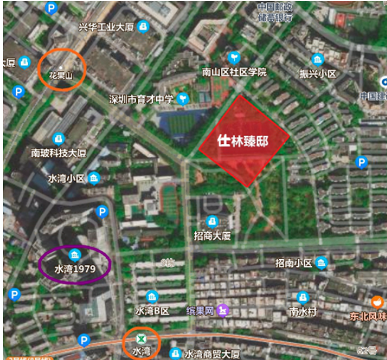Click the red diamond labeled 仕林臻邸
coord(244,141)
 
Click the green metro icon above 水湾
coord(140,339)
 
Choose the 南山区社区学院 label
coord(234,72)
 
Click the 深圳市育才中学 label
coord(141,99)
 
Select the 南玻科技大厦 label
coord(59,153)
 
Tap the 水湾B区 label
coord(152,311)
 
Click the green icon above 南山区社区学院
coord(234,58)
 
